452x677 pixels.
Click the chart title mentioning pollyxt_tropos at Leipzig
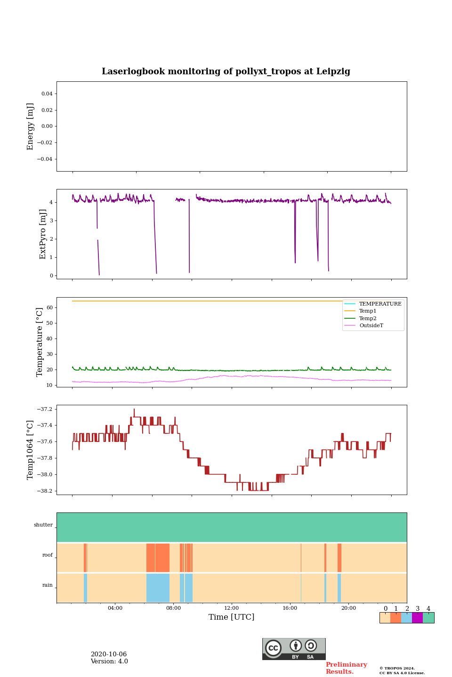click(x=226, y=71)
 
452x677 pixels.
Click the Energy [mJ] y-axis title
click(x=31, y=126)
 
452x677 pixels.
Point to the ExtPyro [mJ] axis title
click(x=43, y=234)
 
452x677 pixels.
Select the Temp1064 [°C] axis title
click(x=31, y=450)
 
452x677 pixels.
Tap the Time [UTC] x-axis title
click(x=232, y=617)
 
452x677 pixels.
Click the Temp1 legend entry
click(x=368, y=311)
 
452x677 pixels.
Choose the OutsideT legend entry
click(x=371, y=325)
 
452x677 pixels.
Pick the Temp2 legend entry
click(x=368, y=318)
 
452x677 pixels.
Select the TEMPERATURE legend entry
click(x=380, y=304)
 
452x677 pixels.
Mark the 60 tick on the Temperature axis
click(x=49, y=307)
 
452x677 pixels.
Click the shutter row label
click(x=43, y=525)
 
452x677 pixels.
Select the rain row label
click(x=48, y=585)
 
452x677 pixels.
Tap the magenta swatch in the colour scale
click(x=417, y=618)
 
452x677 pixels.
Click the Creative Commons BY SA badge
click(x=294, y=649)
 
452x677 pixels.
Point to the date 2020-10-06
click(x=109, y=654)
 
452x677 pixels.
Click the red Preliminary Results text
click(x=346, y=668)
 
